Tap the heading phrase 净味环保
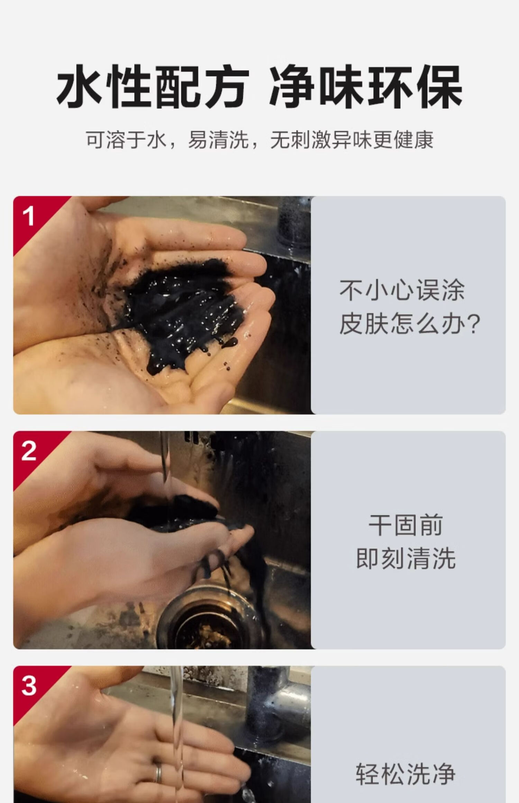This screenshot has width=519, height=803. pos(366,87)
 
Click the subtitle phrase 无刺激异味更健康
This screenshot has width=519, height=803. pos(352,140)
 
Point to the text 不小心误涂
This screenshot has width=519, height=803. pos(402,290)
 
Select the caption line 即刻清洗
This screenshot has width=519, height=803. pos(406,559)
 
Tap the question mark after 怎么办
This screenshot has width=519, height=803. pos(473,324)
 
